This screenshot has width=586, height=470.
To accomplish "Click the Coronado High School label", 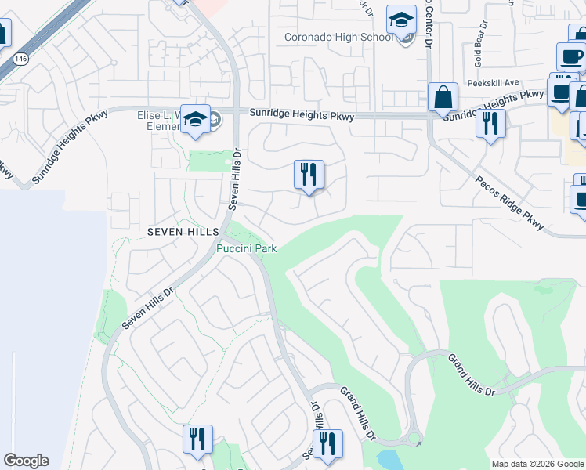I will pos(338,37).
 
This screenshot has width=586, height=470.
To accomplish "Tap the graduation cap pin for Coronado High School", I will pos(402,20).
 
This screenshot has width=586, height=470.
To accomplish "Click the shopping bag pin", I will pos(443,99).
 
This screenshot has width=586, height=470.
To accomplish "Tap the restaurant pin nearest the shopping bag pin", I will pos(490,123).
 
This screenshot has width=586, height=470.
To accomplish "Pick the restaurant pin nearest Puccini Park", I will pos(309,175).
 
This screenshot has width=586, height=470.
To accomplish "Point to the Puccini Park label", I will pos(247,248).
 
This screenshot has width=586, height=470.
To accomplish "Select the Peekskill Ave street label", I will pos(493,83).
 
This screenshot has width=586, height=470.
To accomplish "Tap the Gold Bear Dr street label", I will pos(478,48).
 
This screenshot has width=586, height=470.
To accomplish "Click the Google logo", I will pos(26,461).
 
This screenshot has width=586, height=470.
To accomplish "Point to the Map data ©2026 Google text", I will pos(537,464).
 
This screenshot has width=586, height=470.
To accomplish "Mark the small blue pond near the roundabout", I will pos(390,459).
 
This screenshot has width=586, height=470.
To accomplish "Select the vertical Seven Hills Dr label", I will pos(233,179).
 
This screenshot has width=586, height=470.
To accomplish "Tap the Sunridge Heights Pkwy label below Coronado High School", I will pos(302,115).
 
